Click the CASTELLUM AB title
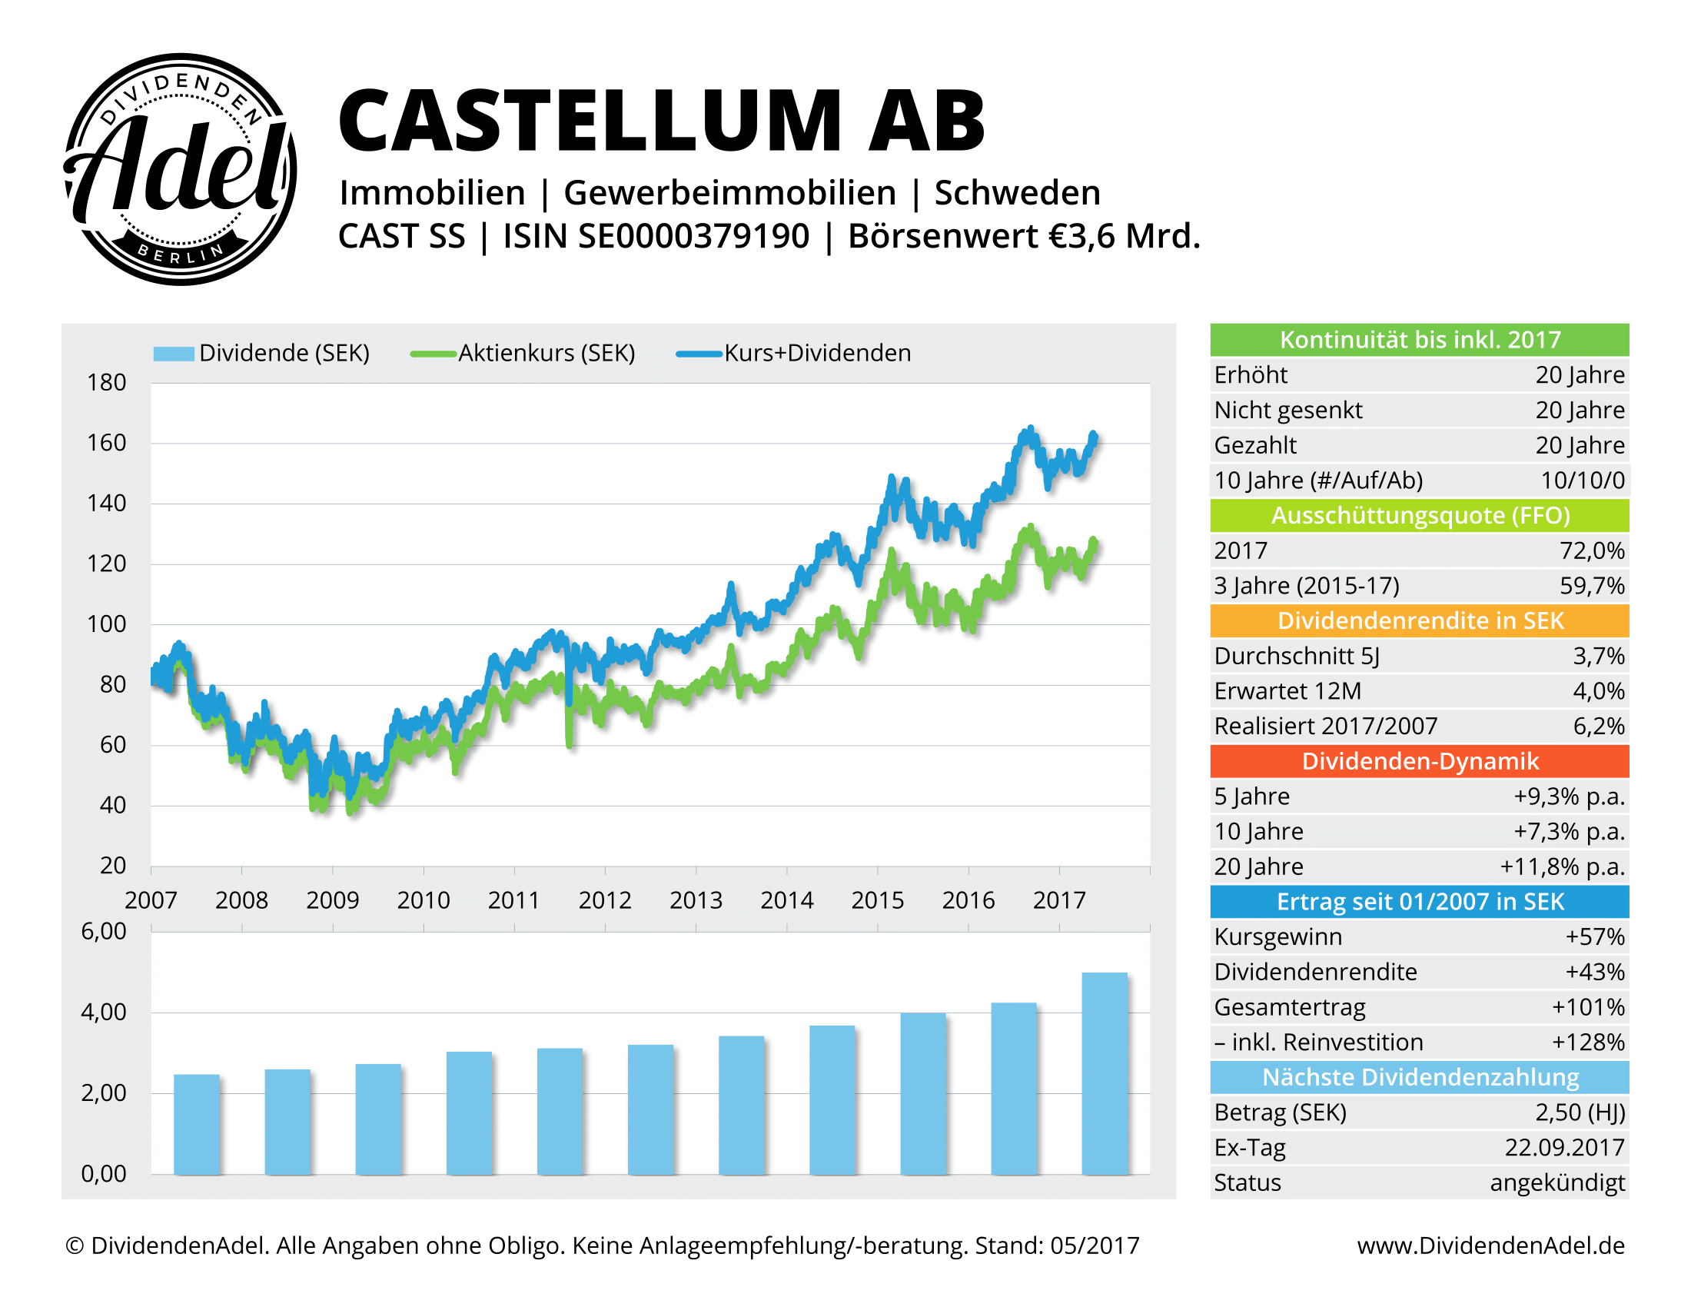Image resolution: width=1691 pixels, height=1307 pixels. pyautogui.click(x=661, y=121)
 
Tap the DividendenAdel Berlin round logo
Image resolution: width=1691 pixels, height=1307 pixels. pyautogui.click(x=180, y=169)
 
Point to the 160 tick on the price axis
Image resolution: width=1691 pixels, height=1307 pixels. pyautogui.click(x=106, y=443)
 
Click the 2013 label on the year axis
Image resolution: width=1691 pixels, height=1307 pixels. pyautogui.click(x=696, y=900)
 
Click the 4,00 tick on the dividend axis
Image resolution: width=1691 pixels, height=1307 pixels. pyautogui.click(x=104, y=1012)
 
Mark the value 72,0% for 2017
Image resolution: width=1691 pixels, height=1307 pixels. pyautogui.click(x=1591, y=550)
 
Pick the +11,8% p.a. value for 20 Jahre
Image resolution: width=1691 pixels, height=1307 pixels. pyautogui.click(x=1562, y=866)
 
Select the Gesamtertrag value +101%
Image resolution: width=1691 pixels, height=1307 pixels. pyautogui.click(x=1587, y=1007)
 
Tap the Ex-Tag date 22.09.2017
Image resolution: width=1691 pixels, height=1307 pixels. pyautogui.click(x=1564, y=1148)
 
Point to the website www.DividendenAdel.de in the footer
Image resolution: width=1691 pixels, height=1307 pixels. pyautogui.click(x=1490, y=1245)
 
